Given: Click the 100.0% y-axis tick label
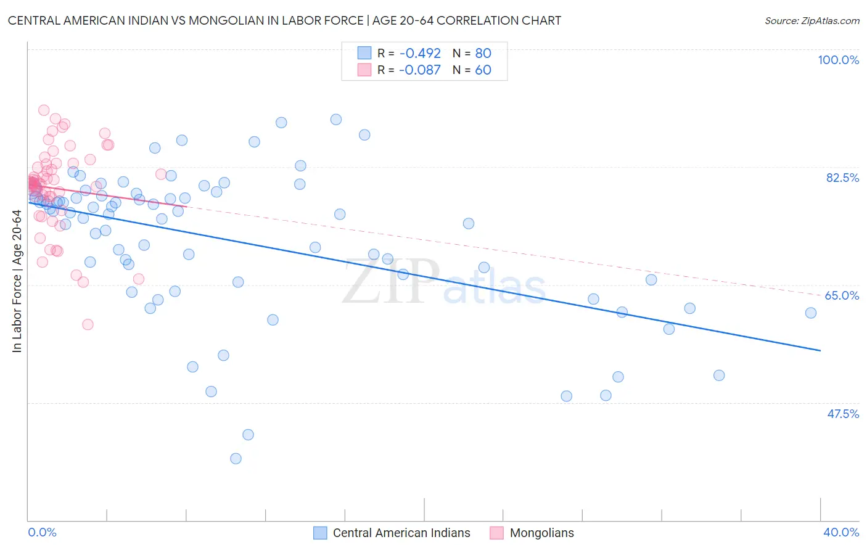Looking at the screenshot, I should pyautogui.click(x=838, y=60).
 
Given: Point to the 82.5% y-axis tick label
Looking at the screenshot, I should pyautogui.click(x=842, y=178).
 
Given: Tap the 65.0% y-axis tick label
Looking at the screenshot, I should pyautogui.click(x=842, y=295).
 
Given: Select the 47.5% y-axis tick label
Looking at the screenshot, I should pyautogui.click(x=842, y=414).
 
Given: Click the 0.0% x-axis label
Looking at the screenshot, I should pyautogui.click(x=42, y=532).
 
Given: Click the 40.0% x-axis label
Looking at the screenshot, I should pyautogui.click(x=840, y=532).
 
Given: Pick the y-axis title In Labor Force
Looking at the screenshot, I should pyautogui.click(x=17, y=281).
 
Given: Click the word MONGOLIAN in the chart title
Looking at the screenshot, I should pyautogui.click(x=228, y=20).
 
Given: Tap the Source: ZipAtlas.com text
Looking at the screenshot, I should pyautogui.click(x=812, y=20).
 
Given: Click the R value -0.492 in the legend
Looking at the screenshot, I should pyautogui.click(x=419, y=53).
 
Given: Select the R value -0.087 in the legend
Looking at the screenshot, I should pyautogui.click(x=419, y=70).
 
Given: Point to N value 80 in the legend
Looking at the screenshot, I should pyautogui.click(x=483, y=53).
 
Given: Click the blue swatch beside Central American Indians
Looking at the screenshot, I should pyautogui.click(x=320, y=533).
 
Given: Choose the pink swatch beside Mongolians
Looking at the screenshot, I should pyautogui.click(x=496, y=533).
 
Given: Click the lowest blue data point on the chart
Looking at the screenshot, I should pyautogui.click(x=236, y=458).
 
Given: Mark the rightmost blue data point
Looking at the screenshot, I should pyautogui.click(x=811, y=313).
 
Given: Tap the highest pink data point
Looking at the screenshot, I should pyautogui.click(x=44, y=110).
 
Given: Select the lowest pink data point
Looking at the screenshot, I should pyautogui.click(x=88, y=324).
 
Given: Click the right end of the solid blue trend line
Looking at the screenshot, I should pyautogui.click(x=820, y=350).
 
